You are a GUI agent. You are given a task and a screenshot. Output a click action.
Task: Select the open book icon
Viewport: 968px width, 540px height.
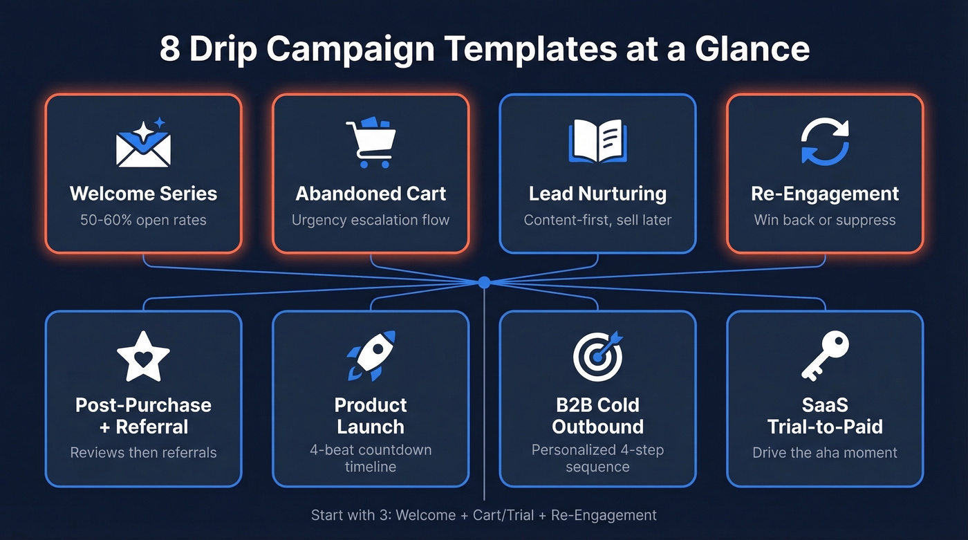[x=597, y=141]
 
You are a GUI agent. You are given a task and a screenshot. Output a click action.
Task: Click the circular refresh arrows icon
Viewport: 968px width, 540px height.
[x=825, y=141]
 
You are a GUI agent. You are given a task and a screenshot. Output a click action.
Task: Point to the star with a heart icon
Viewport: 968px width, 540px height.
[x=143, y=357]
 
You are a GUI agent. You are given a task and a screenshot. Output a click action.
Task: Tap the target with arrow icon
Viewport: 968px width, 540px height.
[x=597, y=356]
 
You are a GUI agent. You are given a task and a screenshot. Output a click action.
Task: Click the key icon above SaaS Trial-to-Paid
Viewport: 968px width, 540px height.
[x=825, y=355]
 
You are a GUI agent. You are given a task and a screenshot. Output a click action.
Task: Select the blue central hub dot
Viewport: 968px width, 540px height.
[x=484, y=282]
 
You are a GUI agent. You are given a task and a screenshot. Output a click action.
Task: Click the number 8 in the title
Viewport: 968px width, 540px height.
[x=169, y=49]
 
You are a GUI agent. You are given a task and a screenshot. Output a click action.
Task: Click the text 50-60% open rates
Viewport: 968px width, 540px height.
[x=143, y=220]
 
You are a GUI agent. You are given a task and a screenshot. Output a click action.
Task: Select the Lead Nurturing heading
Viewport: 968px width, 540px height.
[x=597, y=194]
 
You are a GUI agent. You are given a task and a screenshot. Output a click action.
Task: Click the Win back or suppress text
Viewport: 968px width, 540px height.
[x=825, y=220]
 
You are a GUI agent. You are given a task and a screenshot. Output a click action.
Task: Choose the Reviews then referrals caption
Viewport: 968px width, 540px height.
[x=143, y=453]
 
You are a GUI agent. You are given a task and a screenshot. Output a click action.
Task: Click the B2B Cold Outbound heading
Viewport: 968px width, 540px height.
[x=597, y=415]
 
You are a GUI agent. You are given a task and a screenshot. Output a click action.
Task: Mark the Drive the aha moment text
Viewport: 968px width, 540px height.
[x=825, y=453]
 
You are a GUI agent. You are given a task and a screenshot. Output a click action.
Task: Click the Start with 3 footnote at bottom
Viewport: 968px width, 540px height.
[x=483, y=515]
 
